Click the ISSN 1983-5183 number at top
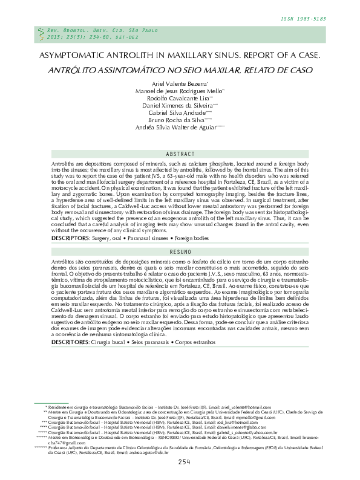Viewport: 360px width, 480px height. point(304,19)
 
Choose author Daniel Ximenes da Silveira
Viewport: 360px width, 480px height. point(179,105)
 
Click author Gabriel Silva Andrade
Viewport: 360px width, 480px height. point(179,112)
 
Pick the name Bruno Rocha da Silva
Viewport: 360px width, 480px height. point(179,120)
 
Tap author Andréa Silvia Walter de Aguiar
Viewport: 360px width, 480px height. point(179,128)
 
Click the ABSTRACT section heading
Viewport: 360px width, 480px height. point(180,155)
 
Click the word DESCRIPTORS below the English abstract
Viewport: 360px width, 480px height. point(54,238)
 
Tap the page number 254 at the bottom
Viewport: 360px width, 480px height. point(185,462)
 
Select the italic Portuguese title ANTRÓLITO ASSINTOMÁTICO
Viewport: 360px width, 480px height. point(180,70)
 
